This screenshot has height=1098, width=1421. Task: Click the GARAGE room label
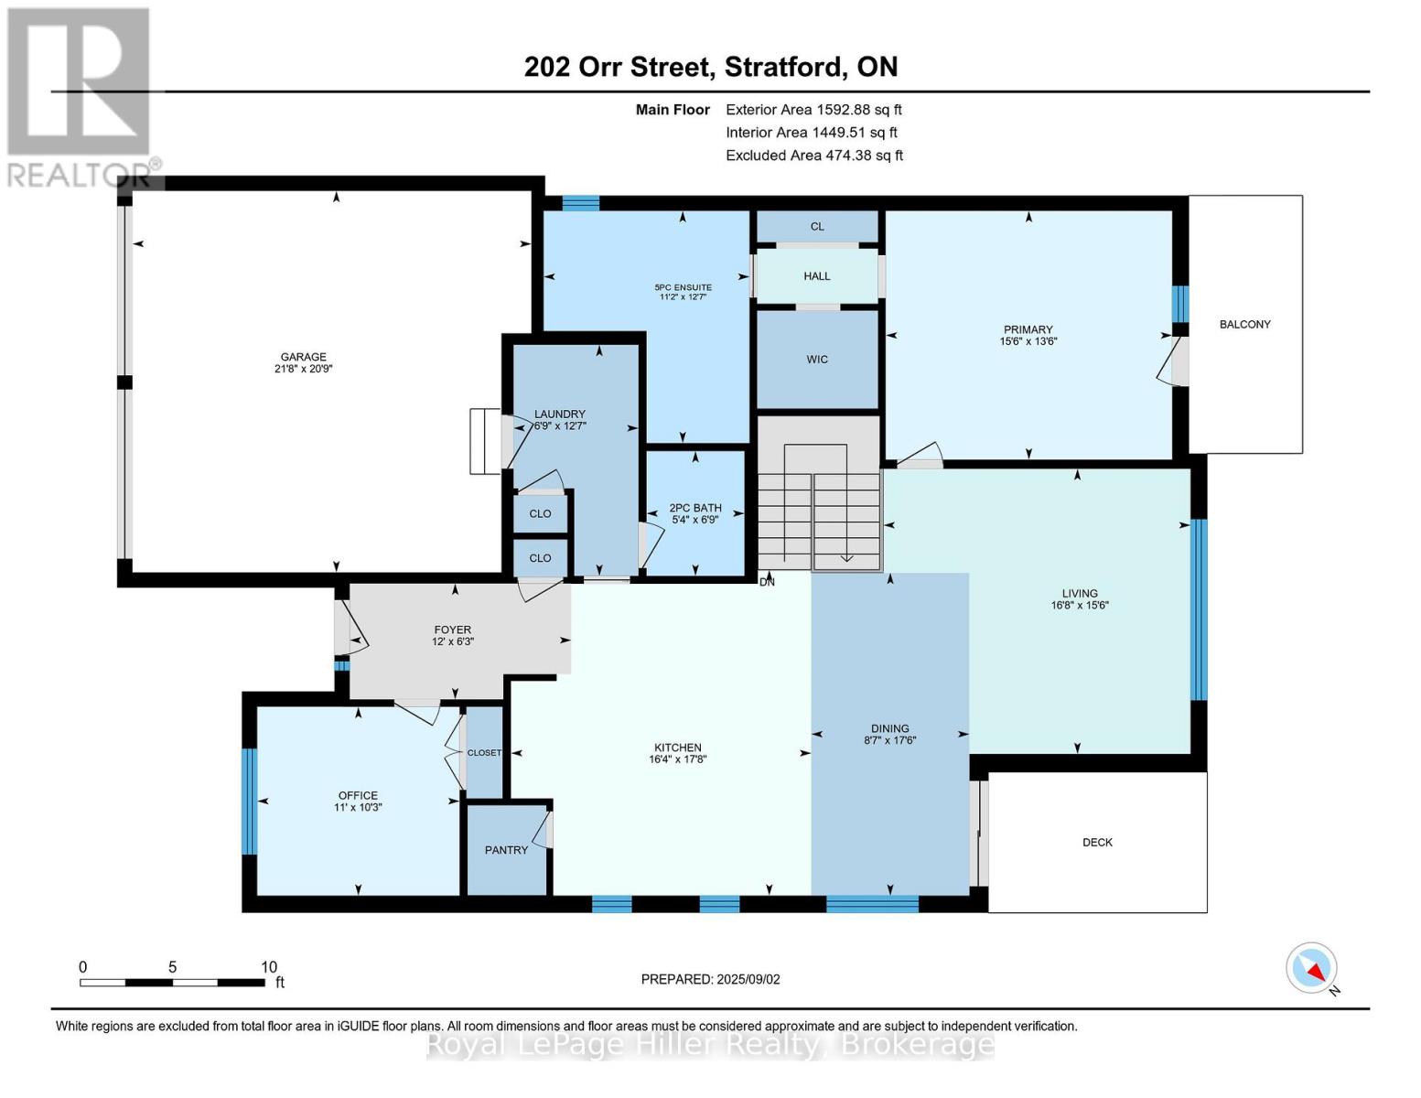coord(303,357)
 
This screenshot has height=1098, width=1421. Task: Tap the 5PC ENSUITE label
coord(685,287)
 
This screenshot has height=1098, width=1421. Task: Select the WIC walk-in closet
coord(817,360)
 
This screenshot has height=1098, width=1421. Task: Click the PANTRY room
coord(506,850)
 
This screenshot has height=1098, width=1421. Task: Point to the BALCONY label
coord(1244,324)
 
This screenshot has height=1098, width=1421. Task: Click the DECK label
coord(1097,842)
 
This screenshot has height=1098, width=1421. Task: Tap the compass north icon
coord(1312,968)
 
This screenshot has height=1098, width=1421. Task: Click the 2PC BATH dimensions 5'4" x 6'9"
coord(695,520)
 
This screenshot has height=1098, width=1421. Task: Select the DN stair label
coord(767,582)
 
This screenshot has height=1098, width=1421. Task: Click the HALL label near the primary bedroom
coord(817,276)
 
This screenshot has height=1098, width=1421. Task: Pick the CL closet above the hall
coord(817,226)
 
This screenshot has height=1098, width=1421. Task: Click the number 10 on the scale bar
coord(268,967)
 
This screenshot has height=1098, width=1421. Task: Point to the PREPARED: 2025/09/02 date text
coord(710,979)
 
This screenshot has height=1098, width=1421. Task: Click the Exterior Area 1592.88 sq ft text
coord(813,110)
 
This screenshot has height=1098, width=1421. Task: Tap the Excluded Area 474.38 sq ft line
coord(814,156)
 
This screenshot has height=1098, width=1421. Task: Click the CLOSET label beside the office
coord(484,753)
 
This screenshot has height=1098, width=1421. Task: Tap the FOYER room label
coord(452,630)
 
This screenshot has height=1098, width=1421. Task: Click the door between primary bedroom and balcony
coord(1177,361)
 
